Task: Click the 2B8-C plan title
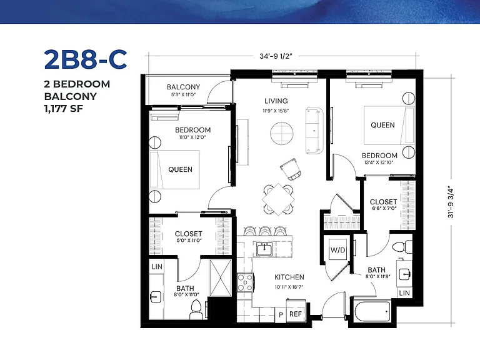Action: tap(86, 59)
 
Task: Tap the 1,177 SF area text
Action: tap(63, 109)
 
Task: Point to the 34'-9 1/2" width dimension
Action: tap(276, 56)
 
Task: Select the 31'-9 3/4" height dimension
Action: tap(451, 201)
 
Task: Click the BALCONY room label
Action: tap(183, 87)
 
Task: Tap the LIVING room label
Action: tap(276, 101)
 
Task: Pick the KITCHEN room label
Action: tap(289, 277)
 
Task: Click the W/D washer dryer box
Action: tap(338, 250)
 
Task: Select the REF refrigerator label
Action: tap(296, 314)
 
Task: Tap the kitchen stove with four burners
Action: tap(245, 282)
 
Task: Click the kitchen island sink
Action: tap(264, 249)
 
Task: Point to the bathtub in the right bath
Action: tap(372, 311)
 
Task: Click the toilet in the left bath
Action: tap(195, 309)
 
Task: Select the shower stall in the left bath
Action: tap(220, 277)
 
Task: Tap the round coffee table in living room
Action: tap(282, 134)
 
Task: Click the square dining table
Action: tap(278, 199)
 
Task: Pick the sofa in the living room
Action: tap(314, 131)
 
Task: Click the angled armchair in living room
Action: tap(291, 169)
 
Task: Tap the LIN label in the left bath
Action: tap(157, 267)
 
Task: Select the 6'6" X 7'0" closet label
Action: tap(384, 208)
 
